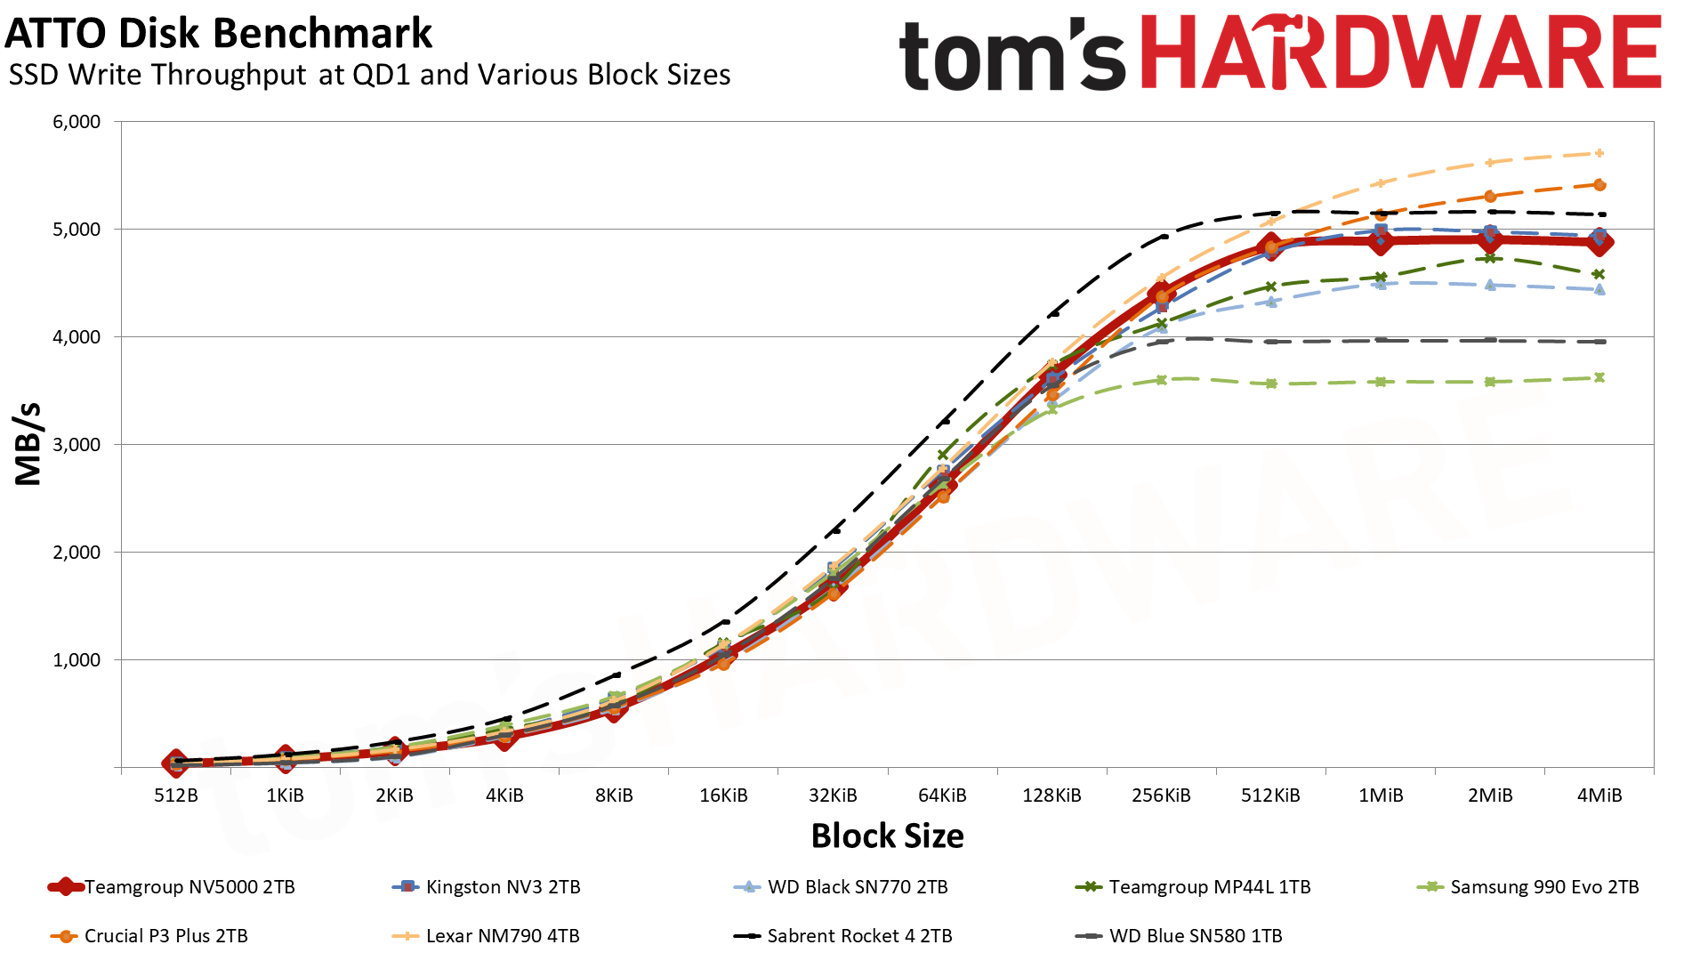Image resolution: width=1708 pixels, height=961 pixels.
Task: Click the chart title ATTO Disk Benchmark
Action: click(218, 34)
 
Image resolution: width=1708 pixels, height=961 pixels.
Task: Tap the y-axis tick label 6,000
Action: click(77, 122)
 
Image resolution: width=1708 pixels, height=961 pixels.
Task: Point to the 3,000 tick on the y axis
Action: click(77, 445)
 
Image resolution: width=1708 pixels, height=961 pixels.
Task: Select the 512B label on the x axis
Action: click(176, 795)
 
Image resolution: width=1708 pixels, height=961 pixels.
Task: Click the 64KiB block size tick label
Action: click(942, 795)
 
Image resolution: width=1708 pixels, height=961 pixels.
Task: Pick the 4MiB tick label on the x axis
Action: click(1599, 795)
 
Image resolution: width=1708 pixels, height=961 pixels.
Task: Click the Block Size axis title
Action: click(887, 836)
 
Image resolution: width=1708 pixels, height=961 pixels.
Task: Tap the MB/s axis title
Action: click(28, 444)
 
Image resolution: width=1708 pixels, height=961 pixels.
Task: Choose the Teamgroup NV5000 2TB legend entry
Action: click(189, 887)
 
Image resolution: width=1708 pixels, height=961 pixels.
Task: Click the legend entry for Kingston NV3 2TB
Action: click(503, 887)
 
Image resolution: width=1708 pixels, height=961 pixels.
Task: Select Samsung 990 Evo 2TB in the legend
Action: click(1544, 887)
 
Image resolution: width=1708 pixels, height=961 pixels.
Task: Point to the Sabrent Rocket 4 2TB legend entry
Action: click(859, 936)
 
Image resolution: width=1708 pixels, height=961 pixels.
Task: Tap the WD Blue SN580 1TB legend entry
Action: click(1196, 936)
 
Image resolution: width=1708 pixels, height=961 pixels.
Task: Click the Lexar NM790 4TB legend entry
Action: click(503, 936)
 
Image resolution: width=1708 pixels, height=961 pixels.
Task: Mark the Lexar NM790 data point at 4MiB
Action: click(1599, 153)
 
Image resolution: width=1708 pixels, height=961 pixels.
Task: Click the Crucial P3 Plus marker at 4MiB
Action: click(1599, 185)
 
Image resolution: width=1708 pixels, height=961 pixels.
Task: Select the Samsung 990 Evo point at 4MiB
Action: click(1599, 377)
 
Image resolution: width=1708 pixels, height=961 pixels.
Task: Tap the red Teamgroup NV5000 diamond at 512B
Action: click(175, 763)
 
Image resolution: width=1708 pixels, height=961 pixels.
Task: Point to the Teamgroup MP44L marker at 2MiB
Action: click(1490, 258)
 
